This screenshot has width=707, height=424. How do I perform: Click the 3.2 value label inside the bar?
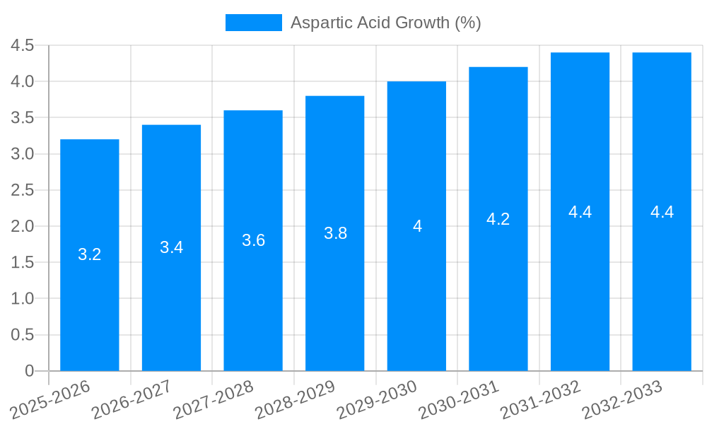coord(90,254)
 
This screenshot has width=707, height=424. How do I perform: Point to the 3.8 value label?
coord(335,233)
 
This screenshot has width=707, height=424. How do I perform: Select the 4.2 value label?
coord(498,219)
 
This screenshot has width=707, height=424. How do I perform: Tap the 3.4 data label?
coord(171,247)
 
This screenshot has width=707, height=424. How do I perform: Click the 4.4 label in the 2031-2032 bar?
coord(580,212)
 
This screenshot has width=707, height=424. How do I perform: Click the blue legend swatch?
coord(253,23)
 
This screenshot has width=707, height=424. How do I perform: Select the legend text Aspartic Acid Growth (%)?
coord(386,23)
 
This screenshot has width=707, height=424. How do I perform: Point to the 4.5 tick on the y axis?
coord(23,46)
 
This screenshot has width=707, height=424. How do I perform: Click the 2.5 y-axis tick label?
coord(23,190)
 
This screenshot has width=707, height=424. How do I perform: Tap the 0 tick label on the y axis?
coord(29,371)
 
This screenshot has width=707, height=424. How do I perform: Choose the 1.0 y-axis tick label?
coord(23,299)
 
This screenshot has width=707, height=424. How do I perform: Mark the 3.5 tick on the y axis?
coord(23,118)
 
